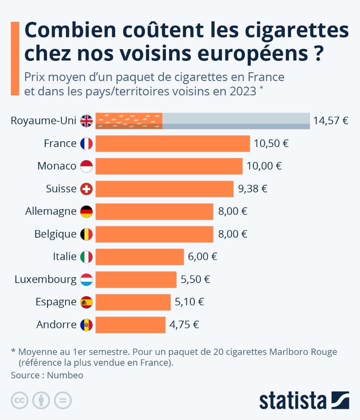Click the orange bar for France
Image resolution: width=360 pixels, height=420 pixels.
click(x=173, y=144)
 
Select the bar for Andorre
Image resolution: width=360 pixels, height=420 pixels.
click(x=131, y=325)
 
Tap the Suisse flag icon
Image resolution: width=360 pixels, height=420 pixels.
click(x=86, y=189)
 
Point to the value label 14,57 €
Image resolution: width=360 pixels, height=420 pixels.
click(x=331, y=121)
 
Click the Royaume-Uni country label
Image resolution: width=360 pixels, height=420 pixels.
click(x=43, y=121)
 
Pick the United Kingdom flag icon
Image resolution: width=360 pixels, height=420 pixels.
click(x=86, y=121)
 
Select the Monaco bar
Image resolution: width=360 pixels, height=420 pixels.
click(x=169, y=166)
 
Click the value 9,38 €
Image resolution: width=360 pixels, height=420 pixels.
click(x=252, y=189)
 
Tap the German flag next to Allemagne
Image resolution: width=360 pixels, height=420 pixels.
click(x=86, y=211)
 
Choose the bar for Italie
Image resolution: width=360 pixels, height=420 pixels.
click(x=139, y=257)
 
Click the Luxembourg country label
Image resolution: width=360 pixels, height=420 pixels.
click(x=45, y=279)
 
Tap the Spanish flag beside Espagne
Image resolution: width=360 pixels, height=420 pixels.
click(x=86, y=302)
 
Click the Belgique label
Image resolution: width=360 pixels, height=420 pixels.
click(x=55, y=234)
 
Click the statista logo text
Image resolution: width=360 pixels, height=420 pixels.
click(x=293, y=401)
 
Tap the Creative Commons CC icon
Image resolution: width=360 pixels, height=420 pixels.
click(x=19, y=400)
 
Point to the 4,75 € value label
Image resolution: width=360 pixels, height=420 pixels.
click(x=184, y=325)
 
